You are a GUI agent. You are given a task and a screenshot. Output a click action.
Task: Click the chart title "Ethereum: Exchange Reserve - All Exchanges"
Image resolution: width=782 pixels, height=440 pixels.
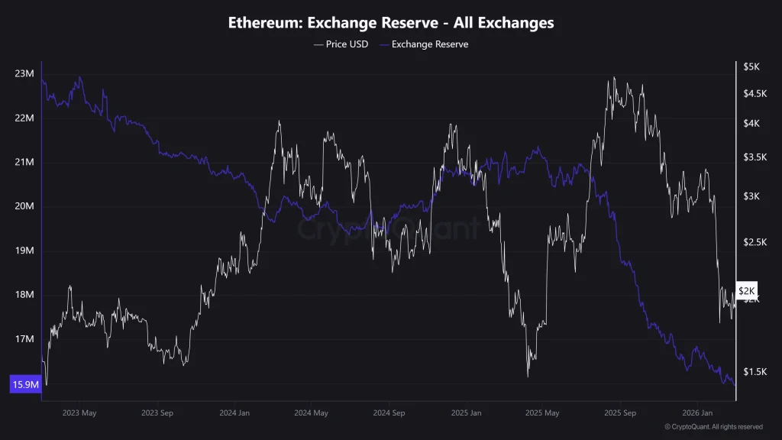391,23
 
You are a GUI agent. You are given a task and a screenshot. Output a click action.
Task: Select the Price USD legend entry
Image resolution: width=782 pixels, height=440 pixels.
341,44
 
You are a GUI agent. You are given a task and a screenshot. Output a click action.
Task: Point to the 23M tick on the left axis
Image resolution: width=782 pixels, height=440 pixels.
24,74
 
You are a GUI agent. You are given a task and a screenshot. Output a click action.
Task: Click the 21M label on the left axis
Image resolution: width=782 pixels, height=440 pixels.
24,163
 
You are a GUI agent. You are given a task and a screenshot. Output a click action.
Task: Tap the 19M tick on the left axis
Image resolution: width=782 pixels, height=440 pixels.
24,251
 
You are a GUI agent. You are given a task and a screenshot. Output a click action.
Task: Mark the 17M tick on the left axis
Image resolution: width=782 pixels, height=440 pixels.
24,339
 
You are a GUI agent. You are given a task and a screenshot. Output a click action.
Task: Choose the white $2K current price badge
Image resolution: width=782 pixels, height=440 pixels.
746,291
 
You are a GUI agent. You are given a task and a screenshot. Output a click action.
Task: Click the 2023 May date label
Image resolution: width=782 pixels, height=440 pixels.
79,413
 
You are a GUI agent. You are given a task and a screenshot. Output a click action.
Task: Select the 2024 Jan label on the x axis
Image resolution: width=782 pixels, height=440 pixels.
234,413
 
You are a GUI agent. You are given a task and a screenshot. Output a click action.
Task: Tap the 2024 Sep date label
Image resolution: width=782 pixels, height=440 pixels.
388,413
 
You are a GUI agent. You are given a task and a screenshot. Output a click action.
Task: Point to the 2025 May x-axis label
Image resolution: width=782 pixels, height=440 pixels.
543,413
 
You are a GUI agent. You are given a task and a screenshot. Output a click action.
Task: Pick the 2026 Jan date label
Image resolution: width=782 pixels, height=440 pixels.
698,413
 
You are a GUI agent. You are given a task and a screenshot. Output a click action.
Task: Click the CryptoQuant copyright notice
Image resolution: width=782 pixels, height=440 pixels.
713,427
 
